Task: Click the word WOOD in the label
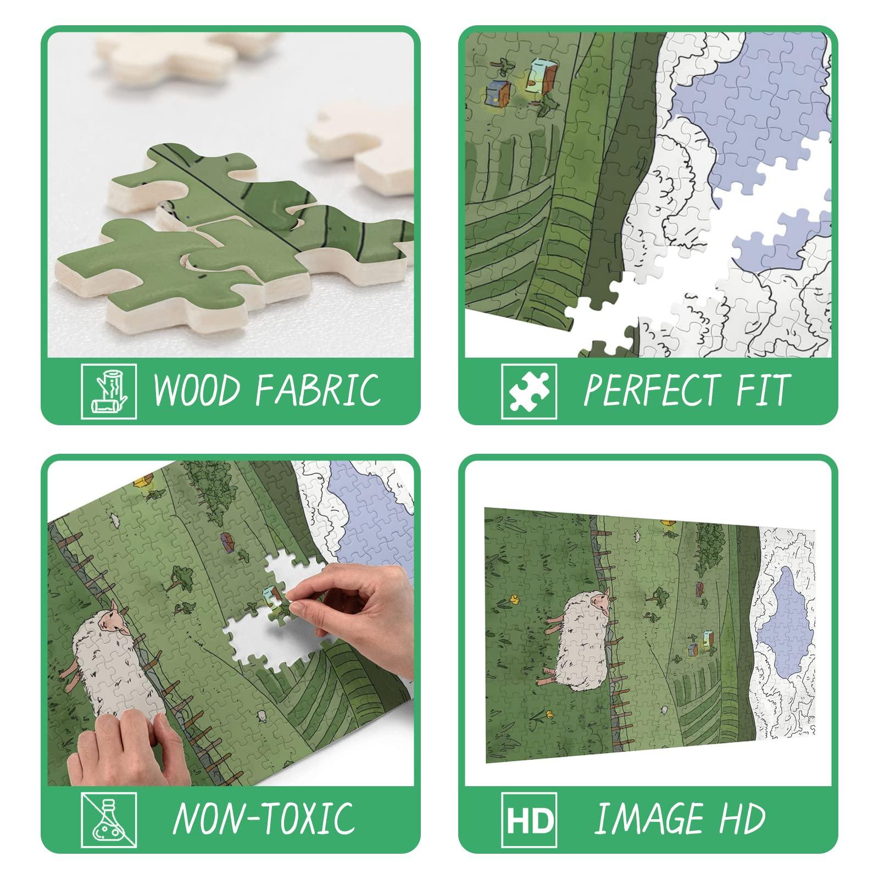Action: click(x=196, y=389)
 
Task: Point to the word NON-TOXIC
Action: click(x=264, y=817)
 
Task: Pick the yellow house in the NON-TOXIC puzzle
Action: click(x=143, y=482)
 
